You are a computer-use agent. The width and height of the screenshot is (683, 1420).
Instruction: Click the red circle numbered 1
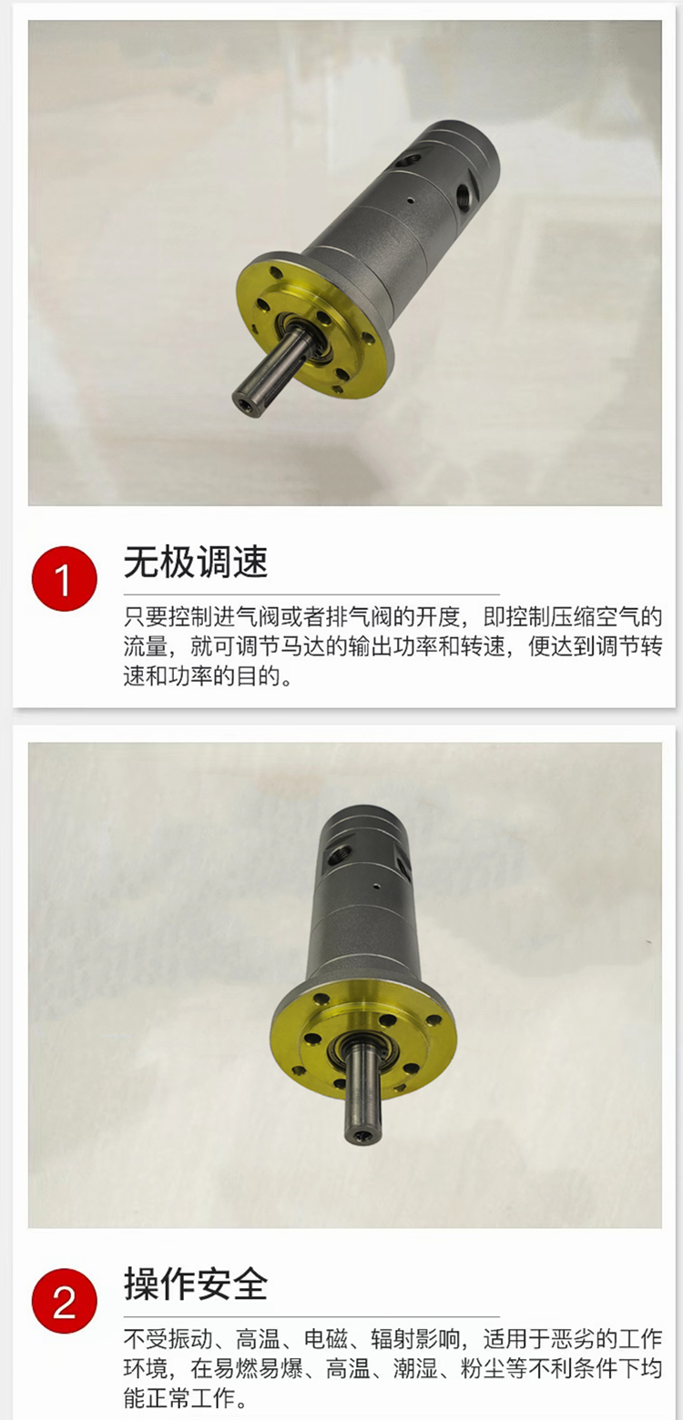64,579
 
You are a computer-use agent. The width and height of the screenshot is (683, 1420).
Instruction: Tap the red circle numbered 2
64,1302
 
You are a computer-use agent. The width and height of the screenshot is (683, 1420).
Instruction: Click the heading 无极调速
196,562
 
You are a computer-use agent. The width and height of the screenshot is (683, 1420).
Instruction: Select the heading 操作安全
196,1284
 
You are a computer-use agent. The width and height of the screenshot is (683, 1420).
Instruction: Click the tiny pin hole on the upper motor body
411,201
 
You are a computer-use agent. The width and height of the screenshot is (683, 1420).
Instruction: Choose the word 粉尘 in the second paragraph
483,1369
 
